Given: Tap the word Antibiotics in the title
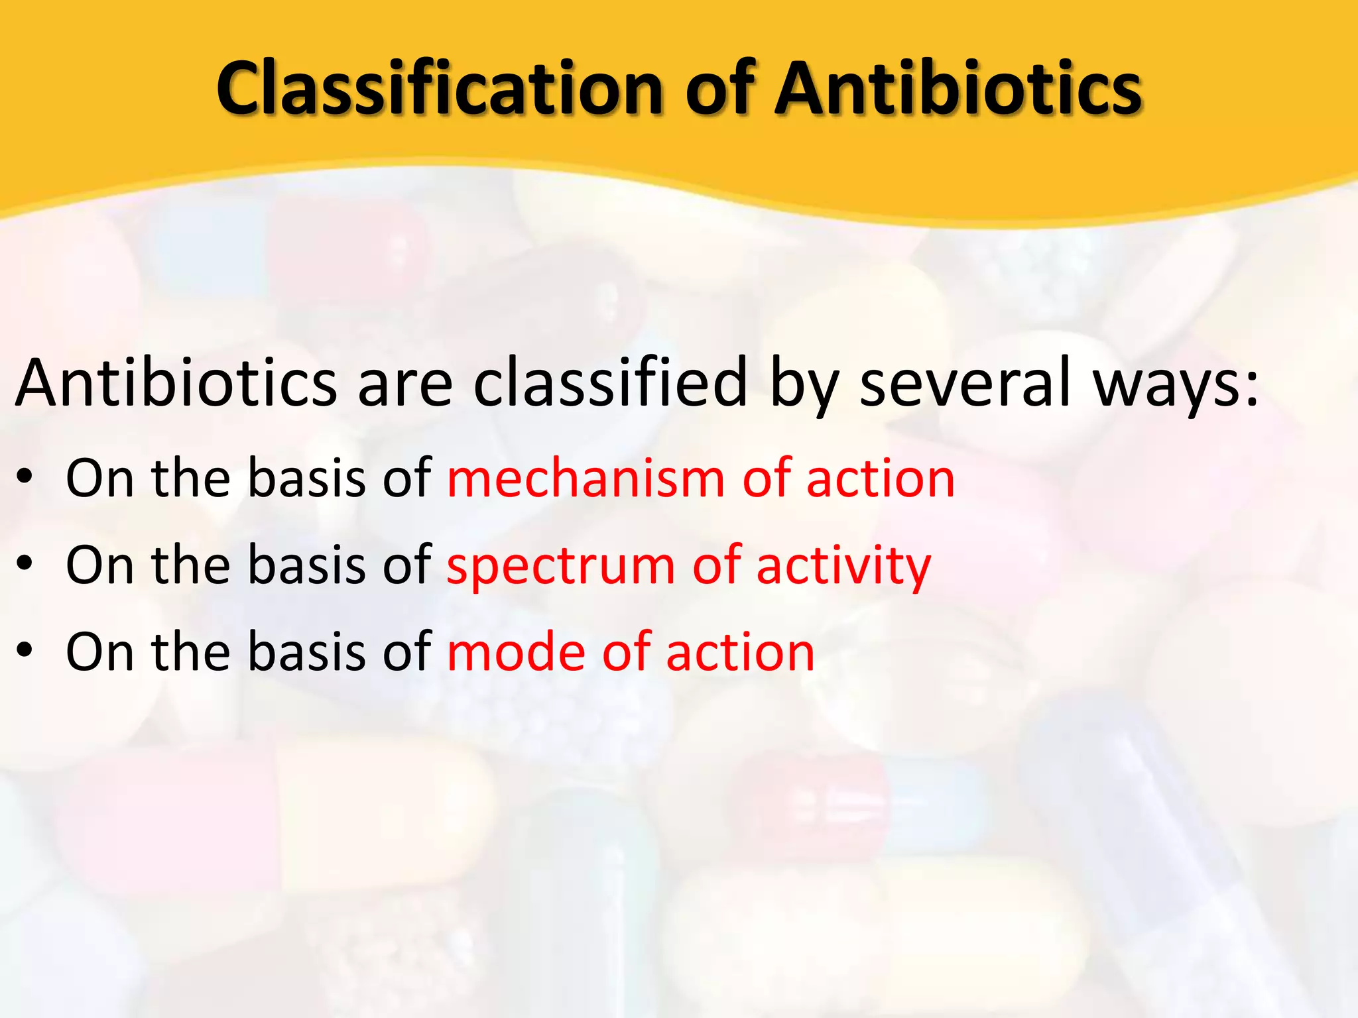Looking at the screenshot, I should click(959, 87).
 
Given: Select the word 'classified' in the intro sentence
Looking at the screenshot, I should click(611, 382).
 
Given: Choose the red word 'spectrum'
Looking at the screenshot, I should click(561, 567).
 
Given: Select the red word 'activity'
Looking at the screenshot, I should click(843, 567).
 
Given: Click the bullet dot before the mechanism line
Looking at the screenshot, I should click(25, 479).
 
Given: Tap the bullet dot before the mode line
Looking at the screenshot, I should click(25, 652).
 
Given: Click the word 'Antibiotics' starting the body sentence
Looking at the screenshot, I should click(176, 382).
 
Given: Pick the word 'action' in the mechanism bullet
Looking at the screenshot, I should click(881, 478).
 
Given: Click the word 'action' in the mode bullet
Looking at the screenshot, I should click(740, 652).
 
